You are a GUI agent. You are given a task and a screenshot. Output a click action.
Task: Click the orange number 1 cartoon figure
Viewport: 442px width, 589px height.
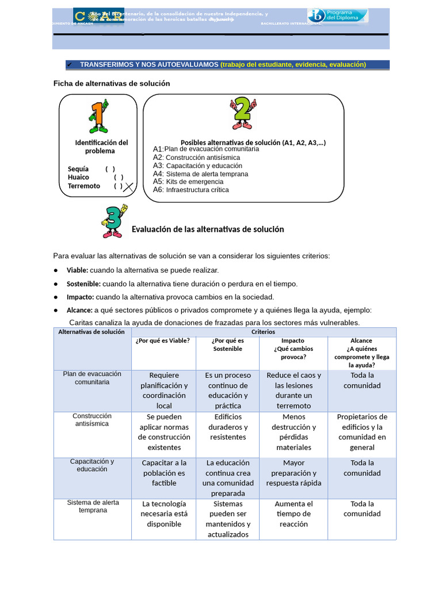(x=98, y=117)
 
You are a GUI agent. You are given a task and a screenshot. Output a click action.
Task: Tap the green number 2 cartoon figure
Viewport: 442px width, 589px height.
(x=242, y=113)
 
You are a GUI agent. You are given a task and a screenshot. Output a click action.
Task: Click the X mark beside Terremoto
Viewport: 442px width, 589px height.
(x=129, y=187)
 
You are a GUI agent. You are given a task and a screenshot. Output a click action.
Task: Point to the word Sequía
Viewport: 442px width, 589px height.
(x=78, y=169)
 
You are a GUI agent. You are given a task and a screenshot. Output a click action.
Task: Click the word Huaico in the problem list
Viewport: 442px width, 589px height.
(x=79, y=177)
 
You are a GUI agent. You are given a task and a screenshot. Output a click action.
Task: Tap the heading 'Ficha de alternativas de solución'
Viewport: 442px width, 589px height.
(x=112, y=83)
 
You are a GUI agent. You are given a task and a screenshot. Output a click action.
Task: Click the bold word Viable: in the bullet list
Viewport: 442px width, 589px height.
(x=78, y=270)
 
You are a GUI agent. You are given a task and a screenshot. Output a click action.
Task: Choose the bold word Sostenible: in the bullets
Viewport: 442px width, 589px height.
(x=83, y=284)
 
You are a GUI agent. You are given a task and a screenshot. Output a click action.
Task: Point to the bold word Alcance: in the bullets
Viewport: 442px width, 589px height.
(x=79, y=310)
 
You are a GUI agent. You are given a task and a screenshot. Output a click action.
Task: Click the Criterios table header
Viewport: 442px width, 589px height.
(x=263, y=332)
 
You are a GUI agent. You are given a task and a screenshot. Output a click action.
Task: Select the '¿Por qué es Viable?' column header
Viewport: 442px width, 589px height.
(x=163, y=341)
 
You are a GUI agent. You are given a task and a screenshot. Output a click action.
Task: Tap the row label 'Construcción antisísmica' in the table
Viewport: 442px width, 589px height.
(x=92, y=420)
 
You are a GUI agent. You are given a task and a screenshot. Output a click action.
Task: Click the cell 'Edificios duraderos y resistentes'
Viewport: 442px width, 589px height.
(x=227, y=427)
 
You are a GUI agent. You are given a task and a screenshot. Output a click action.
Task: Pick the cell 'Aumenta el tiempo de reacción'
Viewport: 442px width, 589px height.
(x=294, y=514)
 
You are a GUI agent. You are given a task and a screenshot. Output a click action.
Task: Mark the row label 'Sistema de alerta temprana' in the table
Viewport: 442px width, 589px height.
(x=92, y=506)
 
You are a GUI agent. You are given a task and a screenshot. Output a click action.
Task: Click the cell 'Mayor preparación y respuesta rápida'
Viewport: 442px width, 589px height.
(x=294, y=473)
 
